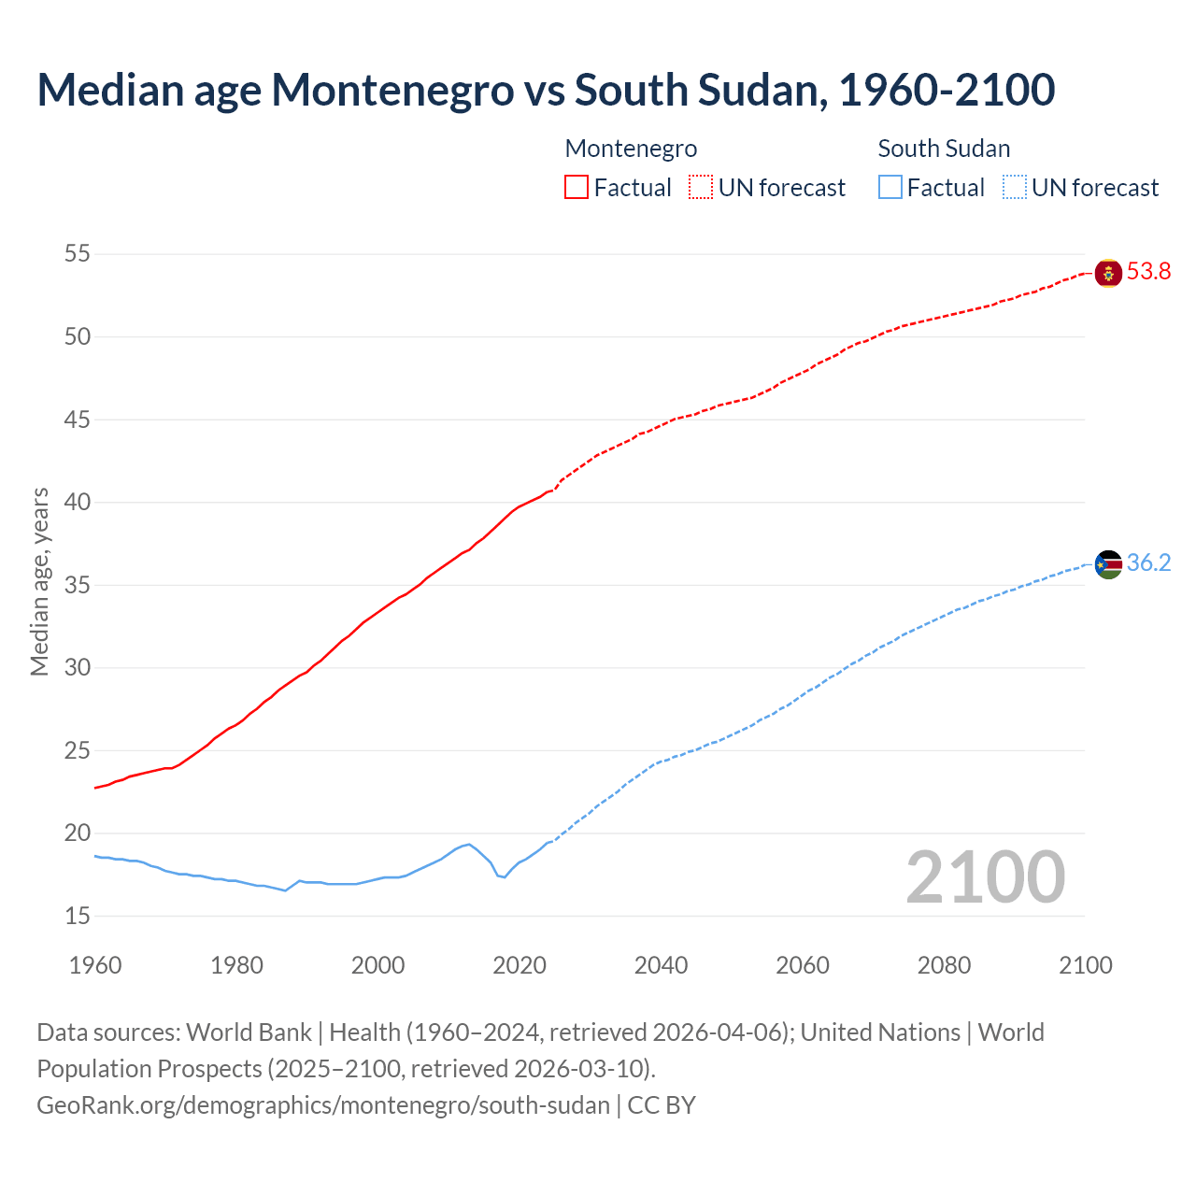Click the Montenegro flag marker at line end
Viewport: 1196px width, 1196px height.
tap(1108, 273)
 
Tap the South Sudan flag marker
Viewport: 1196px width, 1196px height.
tap(1108, 564)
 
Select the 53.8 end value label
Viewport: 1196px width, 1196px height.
tap(1148, 272)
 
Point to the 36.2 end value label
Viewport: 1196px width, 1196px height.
tap(1148, 563)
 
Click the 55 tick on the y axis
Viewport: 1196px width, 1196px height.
tap(78, 254)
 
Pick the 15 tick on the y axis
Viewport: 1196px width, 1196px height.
tap(78, 917)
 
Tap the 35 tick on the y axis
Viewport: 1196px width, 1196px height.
tap(78, 586)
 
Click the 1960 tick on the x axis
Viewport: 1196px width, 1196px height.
tap(95, 965)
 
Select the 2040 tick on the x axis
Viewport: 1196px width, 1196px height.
tap(661, 965)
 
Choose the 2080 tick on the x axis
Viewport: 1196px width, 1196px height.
tap(944, 965)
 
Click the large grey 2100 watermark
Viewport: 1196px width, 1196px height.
tap(985, 877)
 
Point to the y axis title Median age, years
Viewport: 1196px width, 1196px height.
tap(39, 581)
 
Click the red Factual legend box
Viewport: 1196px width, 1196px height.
tap(577, 188)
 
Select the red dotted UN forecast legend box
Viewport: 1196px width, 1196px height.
tap(701, 188)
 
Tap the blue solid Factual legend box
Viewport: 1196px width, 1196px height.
tap(890, 188)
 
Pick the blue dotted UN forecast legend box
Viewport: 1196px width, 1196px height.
tap(1014, 188)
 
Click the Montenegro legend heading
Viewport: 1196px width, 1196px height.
tap(631, 149)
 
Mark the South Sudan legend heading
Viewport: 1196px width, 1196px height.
tap(944, 149)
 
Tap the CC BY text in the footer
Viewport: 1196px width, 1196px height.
tap(662, 1105)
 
